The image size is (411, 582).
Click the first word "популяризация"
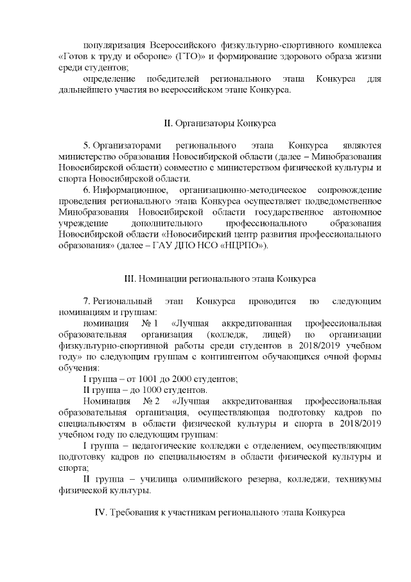pyautogui.click(x=114, y=46)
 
